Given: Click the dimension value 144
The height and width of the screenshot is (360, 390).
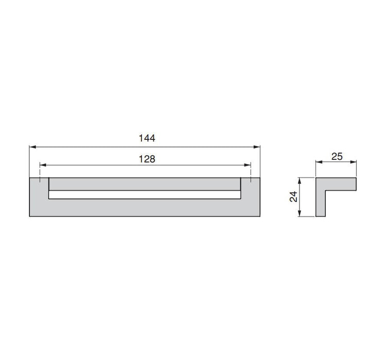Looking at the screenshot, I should point(147,138).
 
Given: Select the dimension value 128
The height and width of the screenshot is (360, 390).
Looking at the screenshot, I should point(147,159).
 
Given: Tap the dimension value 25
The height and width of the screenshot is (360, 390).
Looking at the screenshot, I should point(337,157).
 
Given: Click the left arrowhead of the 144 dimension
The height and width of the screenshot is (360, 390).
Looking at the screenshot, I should point(32,147).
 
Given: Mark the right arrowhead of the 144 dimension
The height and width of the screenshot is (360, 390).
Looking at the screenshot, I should point(257,147).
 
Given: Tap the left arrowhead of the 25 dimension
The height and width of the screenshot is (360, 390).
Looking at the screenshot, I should point(318,163).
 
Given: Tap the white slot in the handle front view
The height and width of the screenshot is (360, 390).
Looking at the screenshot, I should point(145,195).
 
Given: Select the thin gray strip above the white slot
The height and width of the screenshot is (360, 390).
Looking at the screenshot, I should point(145,184).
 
